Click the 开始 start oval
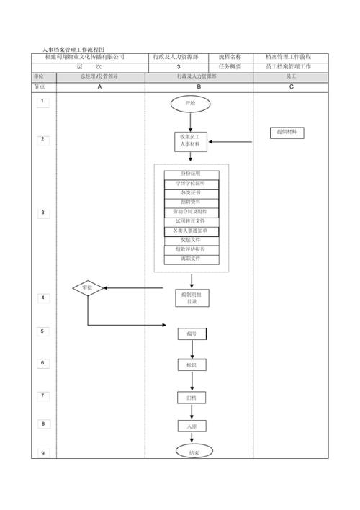pyautogui.click(x=191, y=103)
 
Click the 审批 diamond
pyautogui.click(x=87, y=288)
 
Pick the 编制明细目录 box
pyautogui.click(x=191, y=298)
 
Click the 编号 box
pyautogui.click(x=192, y=334)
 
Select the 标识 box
pyautogui.click(x=192, y=365)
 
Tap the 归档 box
pyautogui.click(x=192, y=398)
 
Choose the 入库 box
pyautogui.click(x=192, y=426)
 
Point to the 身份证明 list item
pyautogui.click(x=191, y=174)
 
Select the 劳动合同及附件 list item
pyautogui.click(x=191, y=212)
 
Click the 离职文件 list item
pyautogui.click(x=191, y=258)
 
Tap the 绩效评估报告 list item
pyautogui.click(x=191, y=249)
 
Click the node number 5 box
pyautogui.click(x=42, y=331)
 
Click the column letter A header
pyautogui.click(x=99, y=86)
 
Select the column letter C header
pyautogui.click(x=291, y=86)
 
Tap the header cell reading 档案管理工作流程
pyautogui.click(x=288, y=57)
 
